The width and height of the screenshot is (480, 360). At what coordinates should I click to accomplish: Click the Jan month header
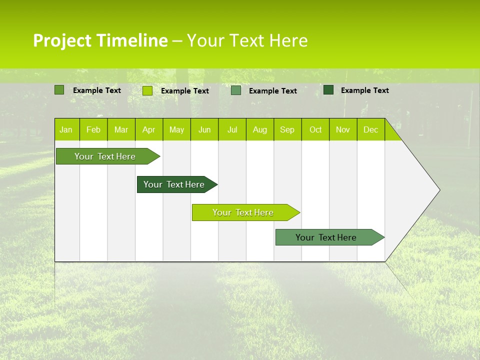point(66,130)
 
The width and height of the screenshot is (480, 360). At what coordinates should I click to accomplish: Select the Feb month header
point(93,130)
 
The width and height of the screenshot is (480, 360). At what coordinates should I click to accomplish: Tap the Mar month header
point(121,130)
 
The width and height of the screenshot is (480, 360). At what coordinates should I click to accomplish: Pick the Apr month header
point(149,130)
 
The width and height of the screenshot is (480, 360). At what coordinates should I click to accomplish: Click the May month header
point(176,130)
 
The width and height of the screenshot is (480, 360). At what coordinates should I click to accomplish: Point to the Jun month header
point(204,130)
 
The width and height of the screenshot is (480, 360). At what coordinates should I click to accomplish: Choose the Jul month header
point(232,130)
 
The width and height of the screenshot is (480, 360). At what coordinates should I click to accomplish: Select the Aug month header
point(260,130)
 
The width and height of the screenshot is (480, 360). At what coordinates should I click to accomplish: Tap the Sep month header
point(287,130)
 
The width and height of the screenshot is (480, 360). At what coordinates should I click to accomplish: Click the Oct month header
point(315,130)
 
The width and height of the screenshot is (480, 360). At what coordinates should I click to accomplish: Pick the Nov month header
point(343,130)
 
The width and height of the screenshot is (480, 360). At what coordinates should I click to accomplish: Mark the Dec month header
point(371,130)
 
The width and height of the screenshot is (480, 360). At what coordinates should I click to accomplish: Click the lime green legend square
point(147,90)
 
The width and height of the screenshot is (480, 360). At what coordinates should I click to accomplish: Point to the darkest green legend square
point(328,90)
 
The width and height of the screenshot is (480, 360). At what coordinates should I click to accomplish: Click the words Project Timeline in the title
point(100,40)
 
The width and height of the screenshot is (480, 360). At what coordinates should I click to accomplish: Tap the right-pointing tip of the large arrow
point(438,190)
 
